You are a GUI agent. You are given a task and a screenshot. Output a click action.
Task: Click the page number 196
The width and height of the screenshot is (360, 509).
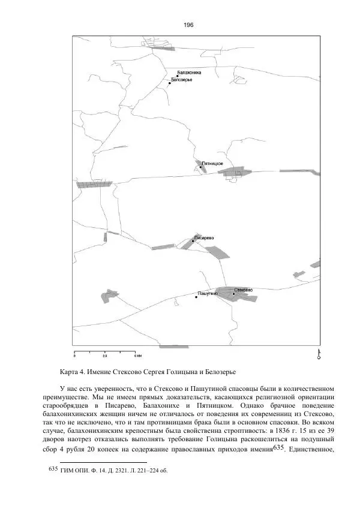click(x=188, y=25)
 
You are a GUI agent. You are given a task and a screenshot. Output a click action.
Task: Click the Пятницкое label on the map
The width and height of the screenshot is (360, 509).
click(x=213, y=164)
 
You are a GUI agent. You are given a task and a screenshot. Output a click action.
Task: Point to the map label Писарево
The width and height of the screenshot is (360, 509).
click(x=204, y=238)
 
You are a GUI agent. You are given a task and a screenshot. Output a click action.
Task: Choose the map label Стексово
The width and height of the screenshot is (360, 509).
click(x=243, y=290)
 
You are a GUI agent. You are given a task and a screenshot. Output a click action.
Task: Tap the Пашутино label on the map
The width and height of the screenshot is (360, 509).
click(x=207, y=294)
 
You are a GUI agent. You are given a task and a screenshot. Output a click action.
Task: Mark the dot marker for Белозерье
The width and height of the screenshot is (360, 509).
click(x=170, y=83)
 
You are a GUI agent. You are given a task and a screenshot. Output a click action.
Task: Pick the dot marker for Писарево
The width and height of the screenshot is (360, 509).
click(x=193, y=241)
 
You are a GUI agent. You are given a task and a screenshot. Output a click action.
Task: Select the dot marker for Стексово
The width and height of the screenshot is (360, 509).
click(x=233, y=294)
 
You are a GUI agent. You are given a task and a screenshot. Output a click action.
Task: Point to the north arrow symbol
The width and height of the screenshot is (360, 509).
click(x=319, y=353)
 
